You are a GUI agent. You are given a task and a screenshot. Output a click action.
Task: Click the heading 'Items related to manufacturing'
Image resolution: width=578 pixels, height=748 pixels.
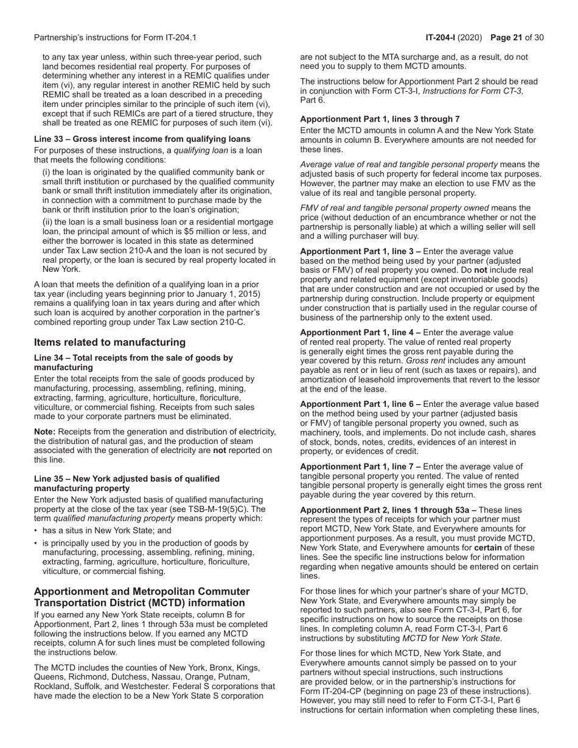pos(110,342)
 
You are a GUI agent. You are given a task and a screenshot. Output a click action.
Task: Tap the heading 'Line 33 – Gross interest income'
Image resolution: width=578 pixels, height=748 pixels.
pos(142,139)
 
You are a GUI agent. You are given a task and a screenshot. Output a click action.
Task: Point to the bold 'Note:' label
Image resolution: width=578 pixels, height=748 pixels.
pos(45,432)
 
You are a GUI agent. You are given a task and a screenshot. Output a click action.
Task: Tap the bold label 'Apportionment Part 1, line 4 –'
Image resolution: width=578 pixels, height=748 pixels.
pos(360,333)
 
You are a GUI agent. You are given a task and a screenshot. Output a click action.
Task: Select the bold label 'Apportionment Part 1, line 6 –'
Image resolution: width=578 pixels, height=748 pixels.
pos(360,404)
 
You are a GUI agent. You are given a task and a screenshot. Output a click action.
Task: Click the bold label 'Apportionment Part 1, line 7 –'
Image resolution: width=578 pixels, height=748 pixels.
pos(360,466)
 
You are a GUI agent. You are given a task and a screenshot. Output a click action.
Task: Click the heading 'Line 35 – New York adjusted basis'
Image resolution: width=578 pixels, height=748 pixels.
pos(127,479)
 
